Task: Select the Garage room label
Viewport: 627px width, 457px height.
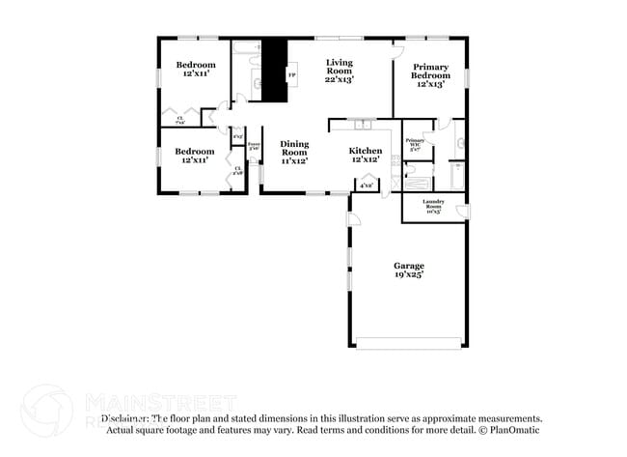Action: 408,266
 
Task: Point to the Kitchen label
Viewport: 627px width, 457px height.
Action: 366,152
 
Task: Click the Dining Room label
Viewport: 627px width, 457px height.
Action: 294,147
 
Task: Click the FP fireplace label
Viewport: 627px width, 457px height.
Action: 292,73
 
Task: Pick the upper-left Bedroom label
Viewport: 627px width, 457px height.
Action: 195,65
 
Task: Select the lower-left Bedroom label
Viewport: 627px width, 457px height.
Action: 194,152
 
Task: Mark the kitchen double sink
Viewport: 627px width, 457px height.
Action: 363,125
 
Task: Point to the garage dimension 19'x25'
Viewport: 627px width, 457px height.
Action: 408,275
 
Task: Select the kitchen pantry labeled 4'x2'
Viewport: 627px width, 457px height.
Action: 367,184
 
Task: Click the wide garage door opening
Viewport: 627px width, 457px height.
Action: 409,343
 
